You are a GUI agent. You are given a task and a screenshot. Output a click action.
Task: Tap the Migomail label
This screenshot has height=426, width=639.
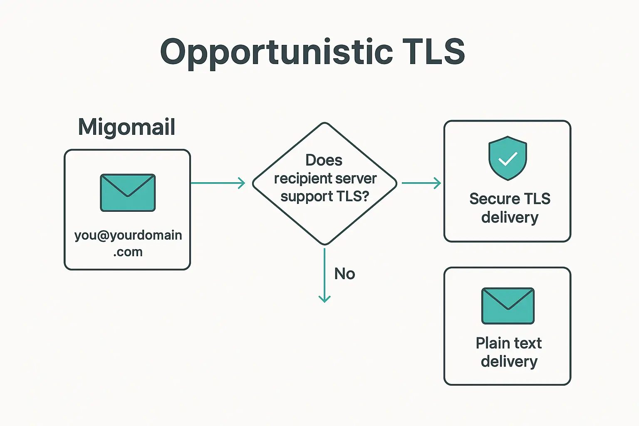click(126, 127)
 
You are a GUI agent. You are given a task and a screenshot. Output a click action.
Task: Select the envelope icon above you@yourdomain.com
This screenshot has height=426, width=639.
click(128, 193)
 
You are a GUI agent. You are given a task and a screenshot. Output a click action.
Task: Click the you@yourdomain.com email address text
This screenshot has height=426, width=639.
click(128, 235)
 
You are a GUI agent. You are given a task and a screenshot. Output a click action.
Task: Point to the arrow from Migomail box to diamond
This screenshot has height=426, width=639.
click(218, 183)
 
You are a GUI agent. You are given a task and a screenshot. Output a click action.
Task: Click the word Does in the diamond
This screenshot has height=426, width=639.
click(324, 160)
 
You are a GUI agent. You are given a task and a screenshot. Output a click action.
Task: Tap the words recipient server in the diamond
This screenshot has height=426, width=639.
click(325, 178)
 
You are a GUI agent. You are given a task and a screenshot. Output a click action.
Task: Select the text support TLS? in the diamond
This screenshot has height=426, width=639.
click(324, 196)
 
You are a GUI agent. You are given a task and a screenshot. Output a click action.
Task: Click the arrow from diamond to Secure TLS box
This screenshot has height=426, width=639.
click(421, 183)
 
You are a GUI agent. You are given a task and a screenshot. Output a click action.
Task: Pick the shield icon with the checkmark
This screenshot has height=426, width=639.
click(508, 158)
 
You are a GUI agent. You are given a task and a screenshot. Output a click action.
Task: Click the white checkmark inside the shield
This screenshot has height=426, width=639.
click(508, 159)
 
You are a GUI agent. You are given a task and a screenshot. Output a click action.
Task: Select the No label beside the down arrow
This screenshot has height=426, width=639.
click(344, 274)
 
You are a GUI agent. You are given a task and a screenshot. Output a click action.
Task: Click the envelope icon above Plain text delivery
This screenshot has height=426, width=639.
click(508, 306)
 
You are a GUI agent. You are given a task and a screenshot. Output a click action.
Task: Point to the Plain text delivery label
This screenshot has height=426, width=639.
click(509, 352)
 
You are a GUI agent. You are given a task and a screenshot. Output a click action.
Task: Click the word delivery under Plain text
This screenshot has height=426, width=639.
click(509, 362)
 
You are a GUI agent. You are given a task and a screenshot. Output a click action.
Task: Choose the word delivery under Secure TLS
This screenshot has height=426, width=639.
click(510, 218)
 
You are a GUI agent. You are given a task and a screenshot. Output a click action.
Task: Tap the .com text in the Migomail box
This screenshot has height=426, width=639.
click(128, 252)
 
